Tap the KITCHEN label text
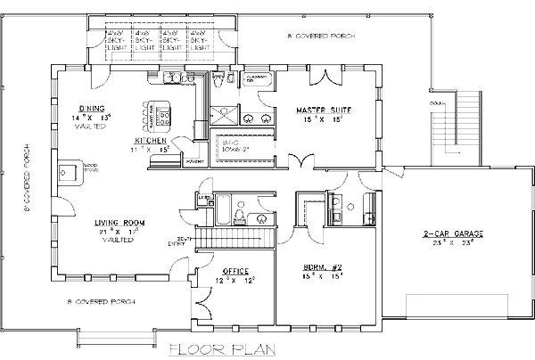click(x=151, y=141)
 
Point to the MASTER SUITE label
click(x=323, y=110)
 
